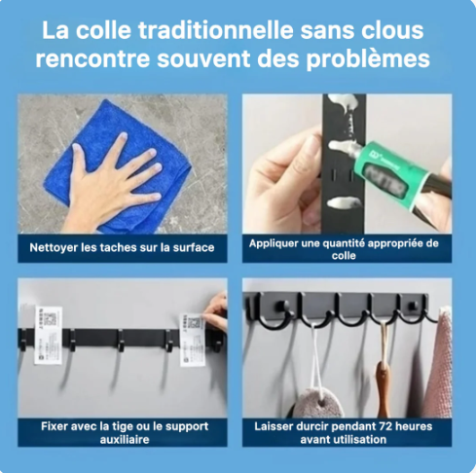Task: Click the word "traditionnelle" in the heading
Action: (216, 30)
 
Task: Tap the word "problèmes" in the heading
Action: (368, 59)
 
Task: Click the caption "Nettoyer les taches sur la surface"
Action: (122, 248)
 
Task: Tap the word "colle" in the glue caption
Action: (344, 256)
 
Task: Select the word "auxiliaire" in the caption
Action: (125, 440)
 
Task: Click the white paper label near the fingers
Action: (192, 339)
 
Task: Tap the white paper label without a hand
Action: (49, 335)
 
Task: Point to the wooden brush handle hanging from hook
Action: (384, 388)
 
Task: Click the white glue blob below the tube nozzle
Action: (344, 202)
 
